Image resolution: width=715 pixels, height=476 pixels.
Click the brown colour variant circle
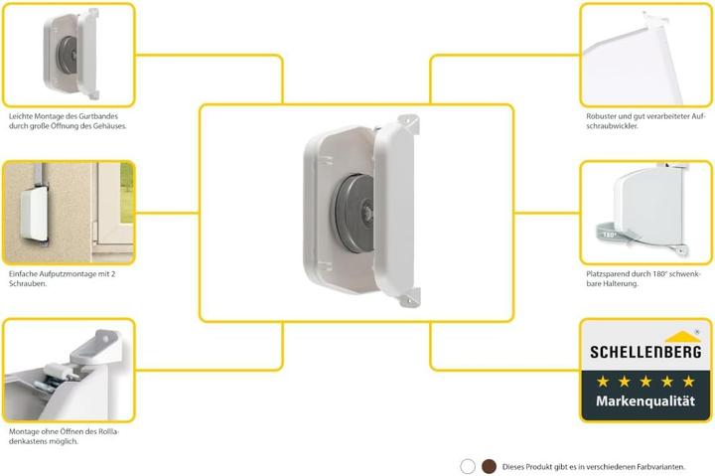point(489,466)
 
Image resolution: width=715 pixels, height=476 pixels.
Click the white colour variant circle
point(468,466)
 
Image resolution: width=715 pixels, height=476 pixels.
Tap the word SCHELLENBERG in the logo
point(645,352)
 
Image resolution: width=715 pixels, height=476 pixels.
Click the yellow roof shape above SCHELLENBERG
point(682,337)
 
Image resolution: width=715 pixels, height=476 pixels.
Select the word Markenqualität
point(645,400)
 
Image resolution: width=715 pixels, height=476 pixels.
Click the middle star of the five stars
point(645,381)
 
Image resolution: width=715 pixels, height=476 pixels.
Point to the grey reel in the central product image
point(355,213)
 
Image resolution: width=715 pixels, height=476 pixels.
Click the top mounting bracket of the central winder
point(408,123)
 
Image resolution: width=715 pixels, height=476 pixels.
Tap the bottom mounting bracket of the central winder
point(409,297)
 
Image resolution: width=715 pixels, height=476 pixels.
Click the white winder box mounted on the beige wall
point(34,214)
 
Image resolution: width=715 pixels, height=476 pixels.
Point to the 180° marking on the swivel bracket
point(609,236)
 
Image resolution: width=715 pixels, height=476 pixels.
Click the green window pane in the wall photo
point(127,193)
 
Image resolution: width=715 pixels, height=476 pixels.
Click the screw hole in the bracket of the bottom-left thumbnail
point(106,340)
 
